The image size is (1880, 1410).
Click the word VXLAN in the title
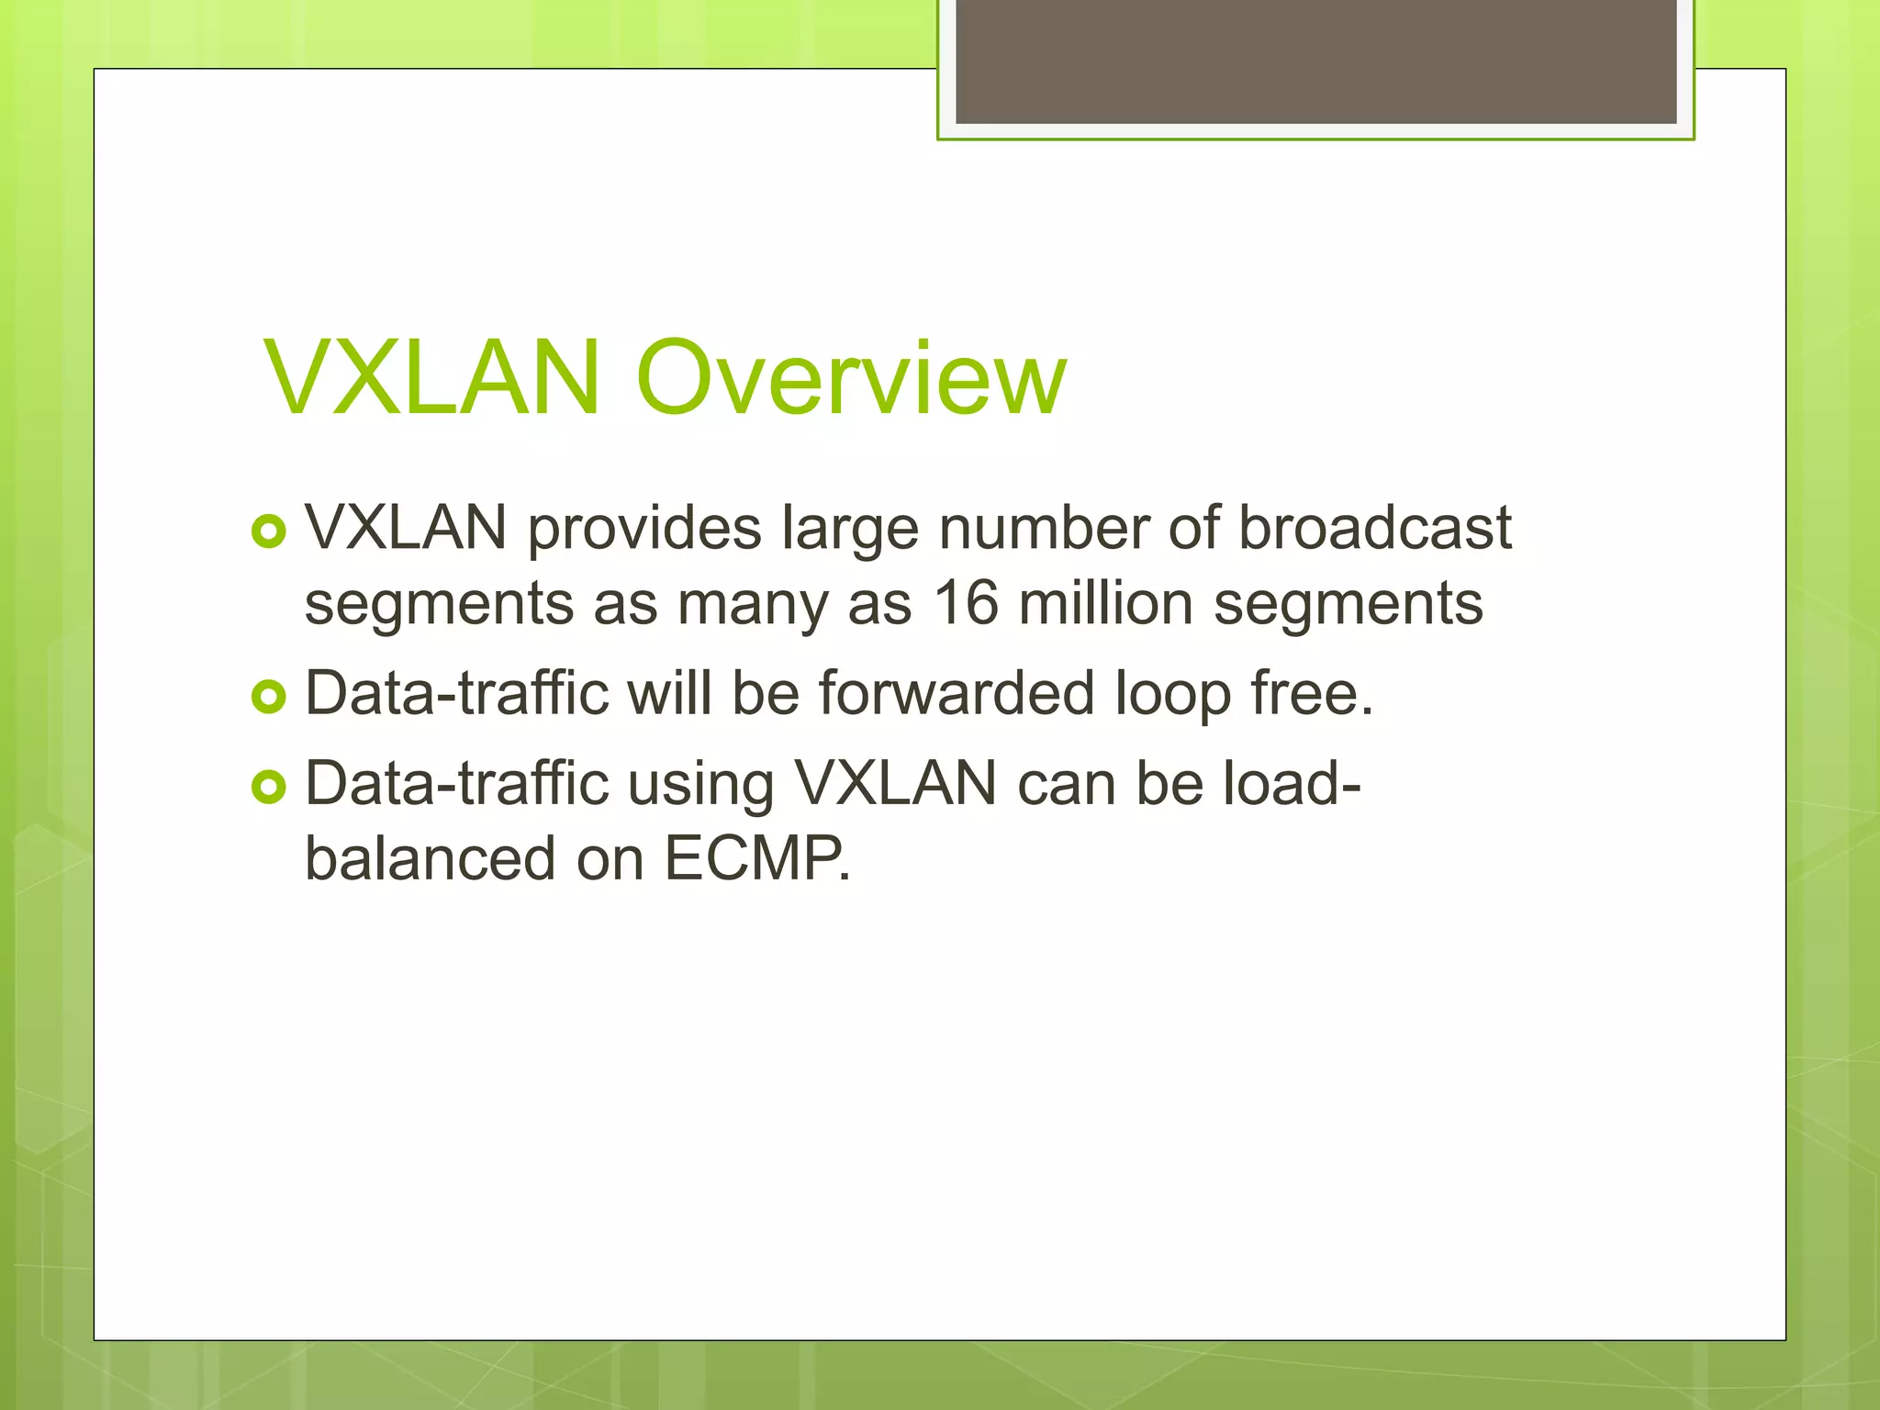click(431, 377)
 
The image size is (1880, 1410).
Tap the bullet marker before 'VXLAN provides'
click(269, 532)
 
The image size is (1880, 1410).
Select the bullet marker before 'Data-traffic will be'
click(269, 697)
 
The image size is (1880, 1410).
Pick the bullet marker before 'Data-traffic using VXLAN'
click(269, 788)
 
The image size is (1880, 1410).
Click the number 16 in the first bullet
click(965, 603)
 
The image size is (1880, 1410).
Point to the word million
click(1106, 603)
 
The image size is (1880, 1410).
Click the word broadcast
click(1374, 528)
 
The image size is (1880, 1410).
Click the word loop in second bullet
click(1171, 696)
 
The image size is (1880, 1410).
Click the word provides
click(644, 530)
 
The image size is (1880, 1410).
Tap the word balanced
click(430, 859)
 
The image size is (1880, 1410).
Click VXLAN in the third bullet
click(895, 784)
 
